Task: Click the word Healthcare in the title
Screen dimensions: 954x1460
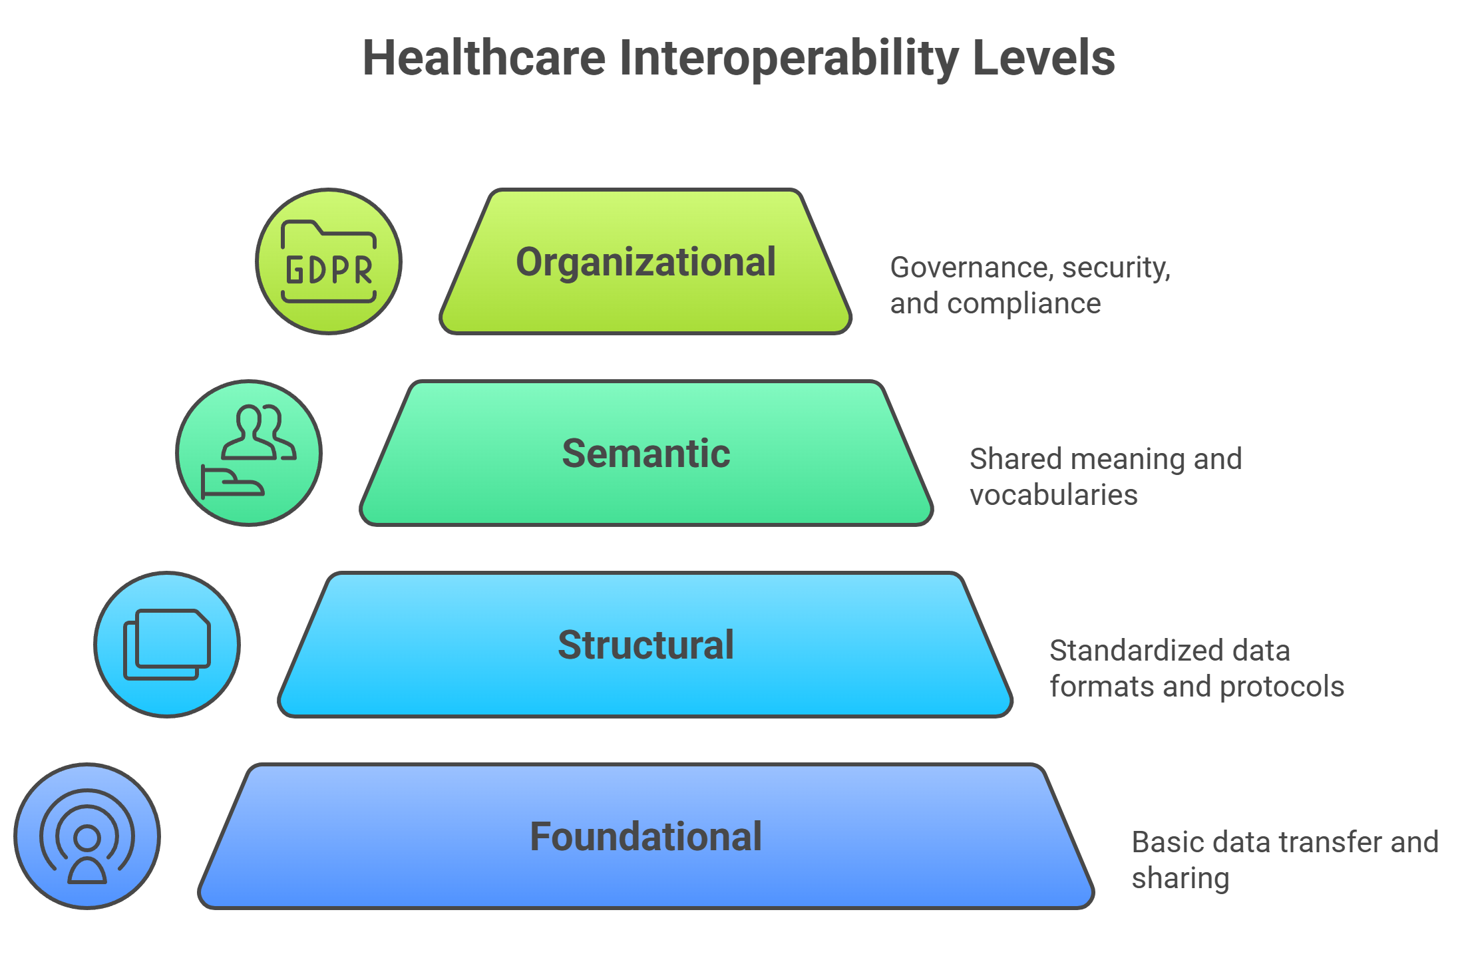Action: tap(484, 59)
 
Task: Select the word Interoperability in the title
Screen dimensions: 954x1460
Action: tap(789, 59)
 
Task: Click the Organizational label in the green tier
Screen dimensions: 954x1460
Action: tap(645, 262)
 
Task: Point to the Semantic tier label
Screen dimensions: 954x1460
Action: tap(645, 454)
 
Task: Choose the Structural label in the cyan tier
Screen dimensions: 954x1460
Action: tap(645, 645)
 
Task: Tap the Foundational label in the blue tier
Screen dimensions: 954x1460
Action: tap(645, 837)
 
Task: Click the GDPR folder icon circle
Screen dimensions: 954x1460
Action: tap(329, 261)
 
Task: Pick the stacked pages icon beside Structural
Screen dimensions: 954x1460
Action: tap(167, 645)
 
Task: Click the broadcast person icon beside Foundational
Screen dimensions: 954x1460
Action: tap(87, 836)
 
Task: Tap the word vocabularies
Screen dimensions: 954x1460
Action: tap(1053, 496)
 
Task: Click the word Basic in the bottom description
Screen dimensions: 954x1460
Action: tap(1159, 842)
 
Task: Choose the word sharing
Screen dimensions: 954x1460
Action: tap(1180, 879)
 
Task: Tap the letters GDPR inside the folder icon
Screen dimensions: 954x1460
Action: tap(329, 270)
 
